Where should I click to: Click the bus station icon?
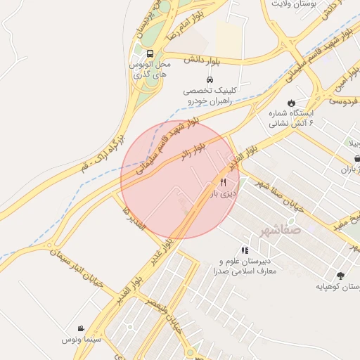(149, 54)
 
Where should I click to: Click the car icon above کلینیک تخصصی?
(208, 78)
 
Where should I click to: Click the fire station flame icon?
(290, 101)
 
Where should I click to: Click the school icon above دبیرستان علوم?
(245, 250)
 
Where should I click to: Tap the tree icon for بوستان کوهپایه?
(341, 276)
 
